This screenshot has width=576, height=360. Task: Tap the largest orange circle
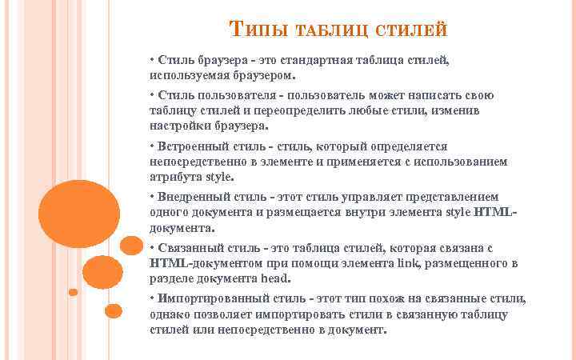click(78, 214)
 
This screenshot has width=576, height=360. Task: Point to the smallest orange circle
click(73, 292)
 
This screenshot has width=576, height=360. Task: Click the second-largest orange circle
click(102, 272)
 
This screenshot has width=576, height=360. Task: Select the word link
click(436, 263)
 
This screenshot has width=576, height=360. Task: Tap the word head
click(275, 278)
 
